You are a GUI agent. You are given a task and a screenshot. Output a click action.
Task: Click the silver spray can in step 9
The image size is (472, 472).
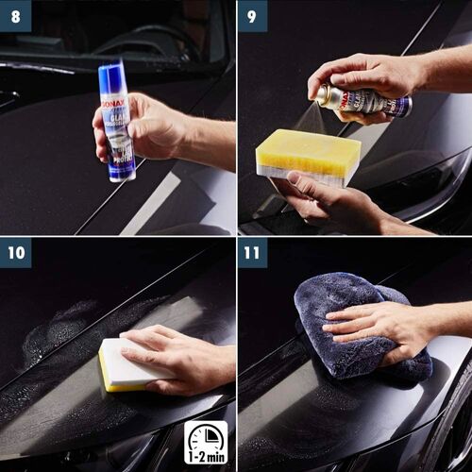click(x=363, y=100)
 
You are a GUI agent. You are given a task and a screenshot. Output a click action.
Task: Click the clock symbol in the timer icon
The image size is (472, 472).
click(x=205, y=436)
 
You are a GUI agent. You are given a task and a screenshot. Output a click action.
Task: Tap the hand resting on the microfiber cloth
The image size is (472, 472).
click(x=378, y=326)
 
